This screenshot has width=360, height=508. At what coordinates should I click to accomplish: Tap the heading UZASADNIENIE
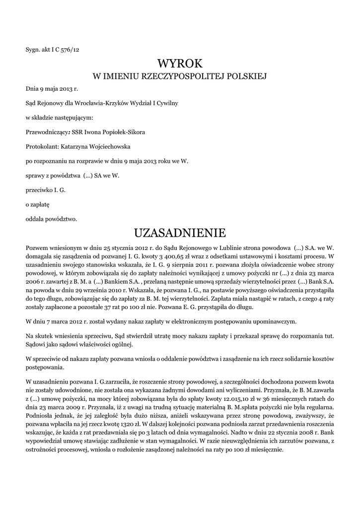[180, 232]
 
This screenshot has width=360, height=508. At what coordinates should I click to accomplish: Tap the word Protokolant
[42, 147]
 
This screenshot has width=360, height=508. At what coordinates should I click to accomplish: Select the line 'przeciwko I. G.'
[46, 190]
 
